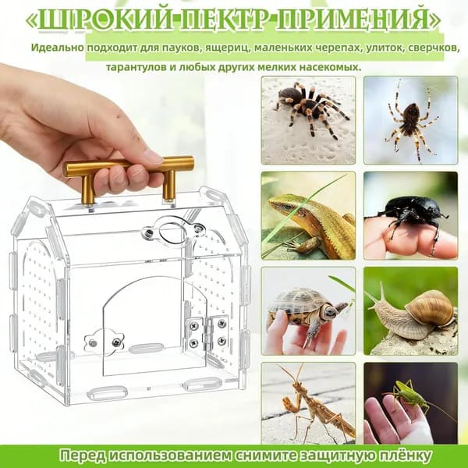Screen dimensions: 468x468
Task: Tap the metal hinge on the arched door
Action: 207,332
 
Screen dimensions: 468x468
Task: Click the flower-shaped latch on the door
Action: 105,340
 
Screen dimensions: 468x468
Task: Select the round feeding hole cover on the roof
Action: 172,232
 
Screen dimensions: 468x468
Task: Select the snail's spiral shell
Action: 430,309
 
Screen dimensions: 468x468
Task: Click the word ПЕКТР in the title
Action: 226,19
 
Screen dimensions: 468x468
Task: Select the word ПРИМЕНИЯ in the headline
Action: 353,19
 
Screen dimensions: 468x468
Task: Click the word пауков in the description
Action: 179,48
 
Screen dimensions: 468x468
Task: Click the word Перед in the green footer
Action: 83,456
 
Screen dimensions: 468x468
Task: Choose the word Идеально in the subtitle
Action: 57,48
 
